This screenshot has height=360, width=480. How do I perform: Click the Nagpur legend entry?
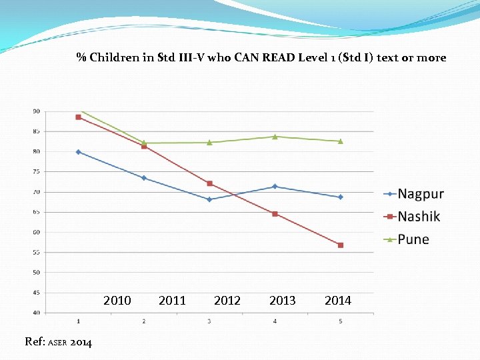click(x=420, y=194)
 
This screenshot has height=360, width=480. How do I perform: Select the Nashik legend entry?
click(x=419, y=216)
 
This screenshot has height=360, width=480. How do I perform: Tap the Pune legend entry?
click(x=413, y=239)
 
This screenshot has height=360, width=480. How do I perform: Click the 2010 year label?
click(x=117, y=301)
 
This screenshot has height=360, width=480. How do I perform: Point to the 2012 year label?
click(x=227, y=301)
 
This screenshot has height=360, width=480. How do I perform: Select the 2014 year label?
click(x=338, y=301)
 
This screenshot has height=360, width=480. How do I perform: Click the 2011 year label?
click(x=173, y=301)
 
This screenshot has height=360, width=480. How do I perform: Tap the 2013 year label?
click(x=283, y=301)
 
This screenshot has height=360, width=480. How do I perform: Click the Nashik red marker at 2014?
click(x=340, y=245)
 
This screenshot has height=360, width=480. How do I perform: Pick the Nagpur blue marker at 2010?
click(x=79, y=152)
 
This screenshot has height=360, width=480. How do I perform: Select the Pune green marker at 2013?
click(x=275, y=137)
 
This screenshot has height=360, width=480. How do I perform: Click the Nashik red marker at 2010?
click(x=79, y=117)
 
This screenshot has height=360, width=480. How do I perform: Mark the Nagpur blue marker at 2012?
click(x=209, y=199)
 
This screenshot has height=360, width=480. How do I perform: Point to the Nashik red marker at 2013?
click(x=275, y=214)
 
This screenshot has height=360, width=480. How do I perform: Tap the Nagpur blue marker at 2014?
click(x=340, y=197)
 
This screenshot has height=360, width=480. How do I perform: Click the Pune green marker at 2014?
click(x=340, y=141)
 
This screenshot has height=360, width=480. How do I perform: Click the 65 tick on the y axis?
click(x=36, y=212)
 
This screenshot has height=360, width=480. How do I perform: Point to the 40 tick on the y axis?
click(x=36, y=313)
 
